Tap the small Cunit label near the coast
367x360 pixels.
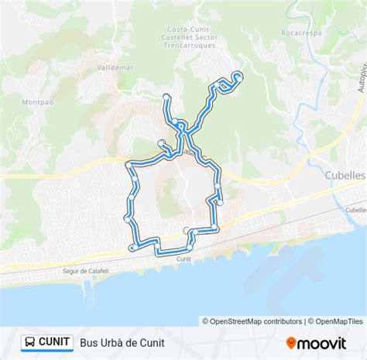[x=183, y=259]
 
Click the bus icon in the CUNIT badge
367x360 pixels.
[x=29, y=341]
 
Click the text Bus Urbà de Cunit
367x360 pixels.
[x=122, y=341]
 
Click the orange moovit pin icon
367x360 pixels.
[x=292, y=341]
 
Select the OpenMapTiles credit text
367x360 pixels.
[x=335, y=321]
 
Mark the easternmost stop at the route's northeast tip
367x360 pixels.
[x=238, y=75]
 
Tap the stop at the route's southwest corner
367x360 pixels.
[x=135, y=246]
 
